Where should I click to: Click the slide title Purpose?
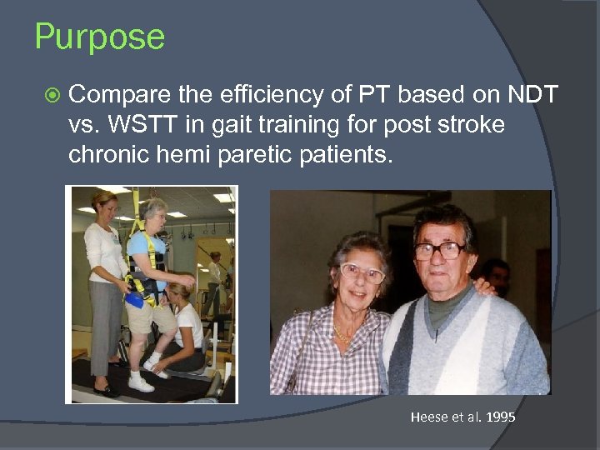[100, 37]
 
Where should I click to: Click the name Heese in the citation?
[429, 417]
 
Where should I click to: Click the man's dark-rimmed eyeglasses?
[439, 250]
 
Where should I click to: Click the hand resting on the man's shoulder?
[481, 288]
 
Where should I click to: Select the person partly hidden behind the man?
[497, 275]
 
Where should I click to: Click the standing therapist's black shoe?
[106, 390]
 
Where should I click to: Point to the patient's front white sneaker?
[139, 383]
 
